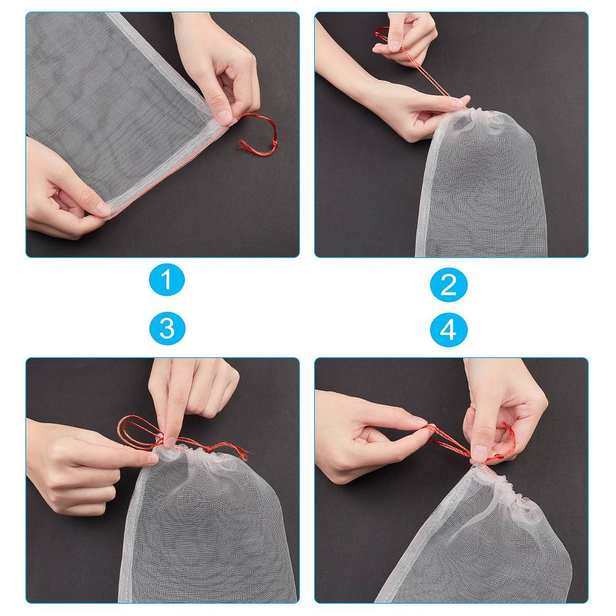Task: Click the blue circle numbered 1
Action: [166, 280]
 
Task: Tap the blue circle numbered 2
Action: [448, 285]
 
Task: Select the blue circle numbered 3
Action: [168, 328]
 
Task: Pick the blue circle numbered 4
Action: [448, 329]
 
